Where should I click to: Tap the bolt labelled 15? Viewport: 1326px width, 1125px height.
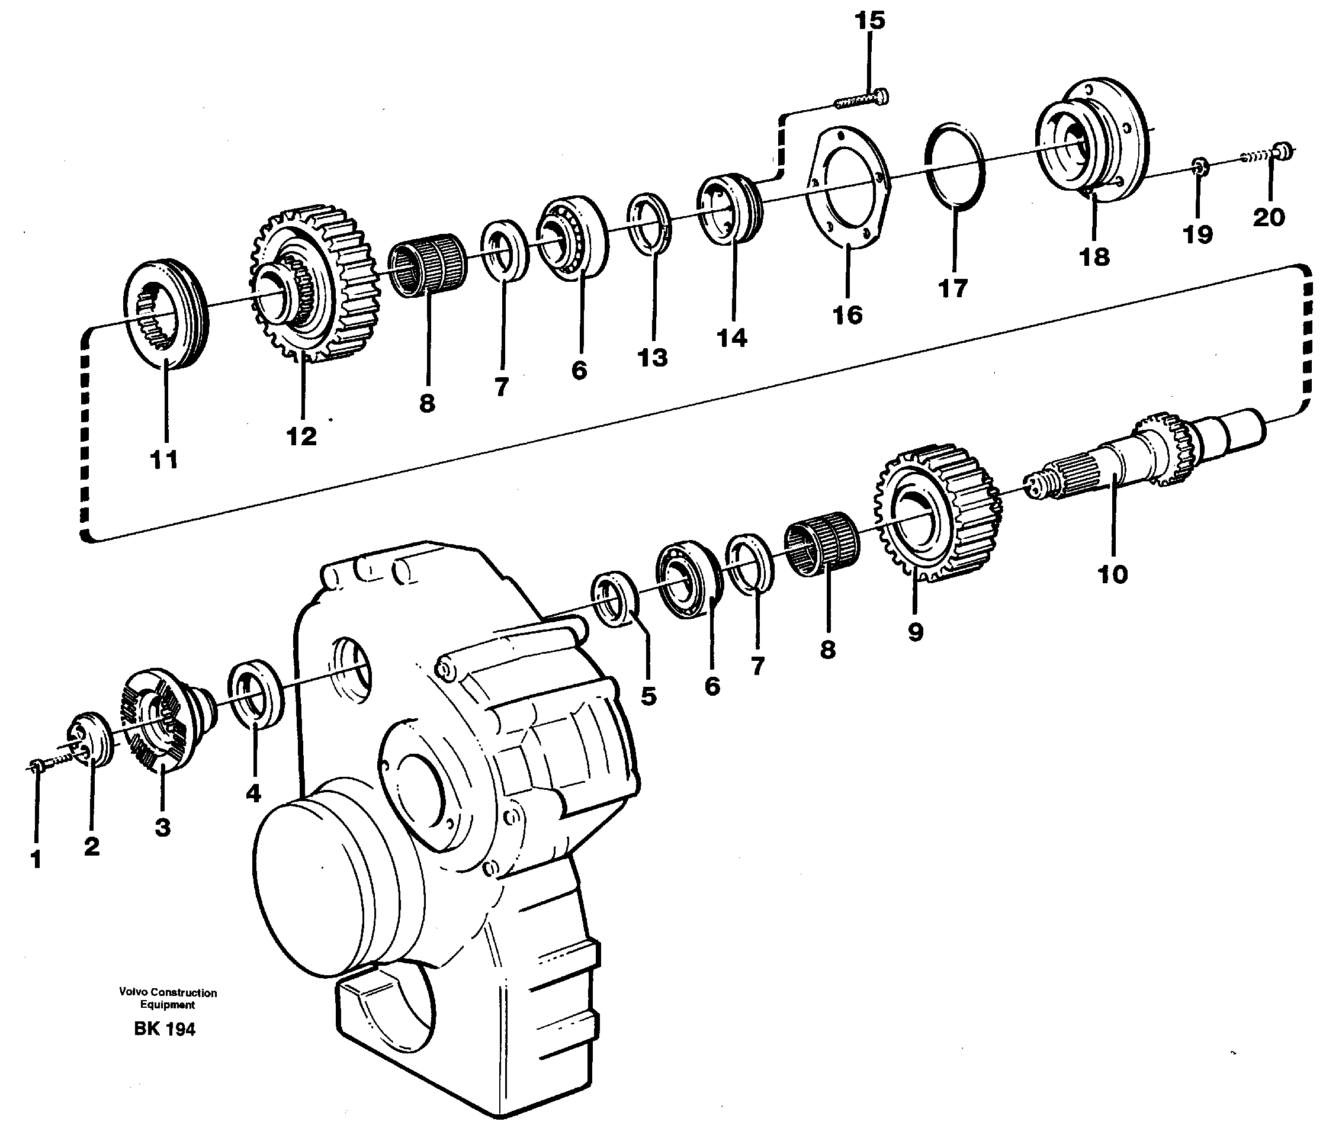tap(861, 100)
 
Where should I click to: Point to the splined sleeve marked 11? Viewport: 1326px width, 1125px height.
tap(165, 313)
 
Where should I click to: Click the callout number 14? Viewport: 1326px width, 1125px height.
tap(731, 339)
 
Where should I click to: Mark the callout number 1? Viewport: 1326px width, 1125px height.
tap(36, 860)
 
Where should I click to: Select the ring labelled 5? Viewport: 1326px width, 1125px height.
tap(615, 599)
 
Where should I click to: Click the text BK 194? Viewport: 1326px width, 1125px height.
tap(165, 1028)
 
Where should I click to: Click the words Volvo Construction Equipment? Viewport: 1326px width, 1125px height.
tap(168, 999)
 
